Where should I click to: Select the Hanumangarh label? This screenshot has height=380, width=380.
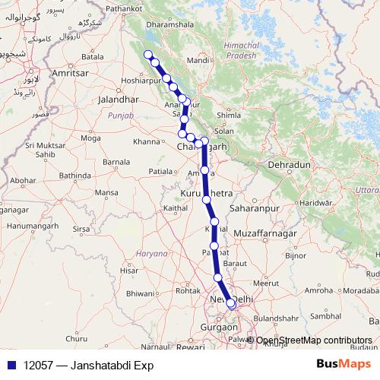coord(28,226)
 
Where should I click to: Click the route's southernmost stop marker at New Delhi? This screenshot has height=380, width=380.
coord(231,305)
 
